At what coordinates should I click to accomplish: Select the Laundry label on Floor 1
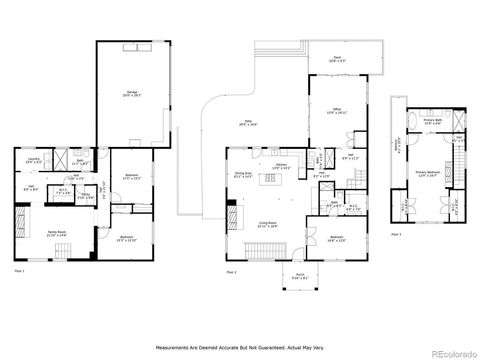(32, 159)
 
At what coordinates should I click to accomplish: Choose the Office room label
(338, 111)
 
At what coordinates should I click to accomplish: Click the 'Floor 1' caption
(18, 272)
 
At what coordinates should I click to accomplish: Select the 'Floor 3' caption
(397, 234)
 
